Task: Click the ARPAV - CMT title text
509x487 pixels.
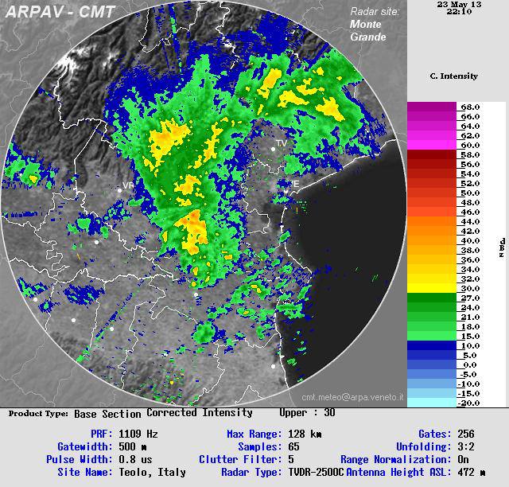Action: pos(60,12)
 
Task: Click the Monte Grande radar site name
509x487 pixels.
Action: pos(367,30)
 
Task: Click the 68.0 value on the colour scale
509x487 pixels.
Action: pos(469,107)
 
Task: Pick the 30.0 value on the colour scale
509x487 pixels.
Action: pos(469,288)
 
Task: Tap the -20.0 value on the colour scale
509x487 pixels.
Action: pos(469,403)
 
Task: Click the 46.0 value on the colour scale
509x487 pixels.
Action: pos(469,212)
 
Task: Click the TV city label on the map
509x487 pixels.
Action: pos(280,143)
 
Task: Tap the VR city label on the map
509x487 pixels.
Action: pos(128,185)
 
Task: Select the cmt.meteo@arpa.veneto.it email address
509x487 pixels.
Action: pos(352,396)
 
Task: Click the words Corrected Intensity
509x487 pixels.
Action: pos(199,413)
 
